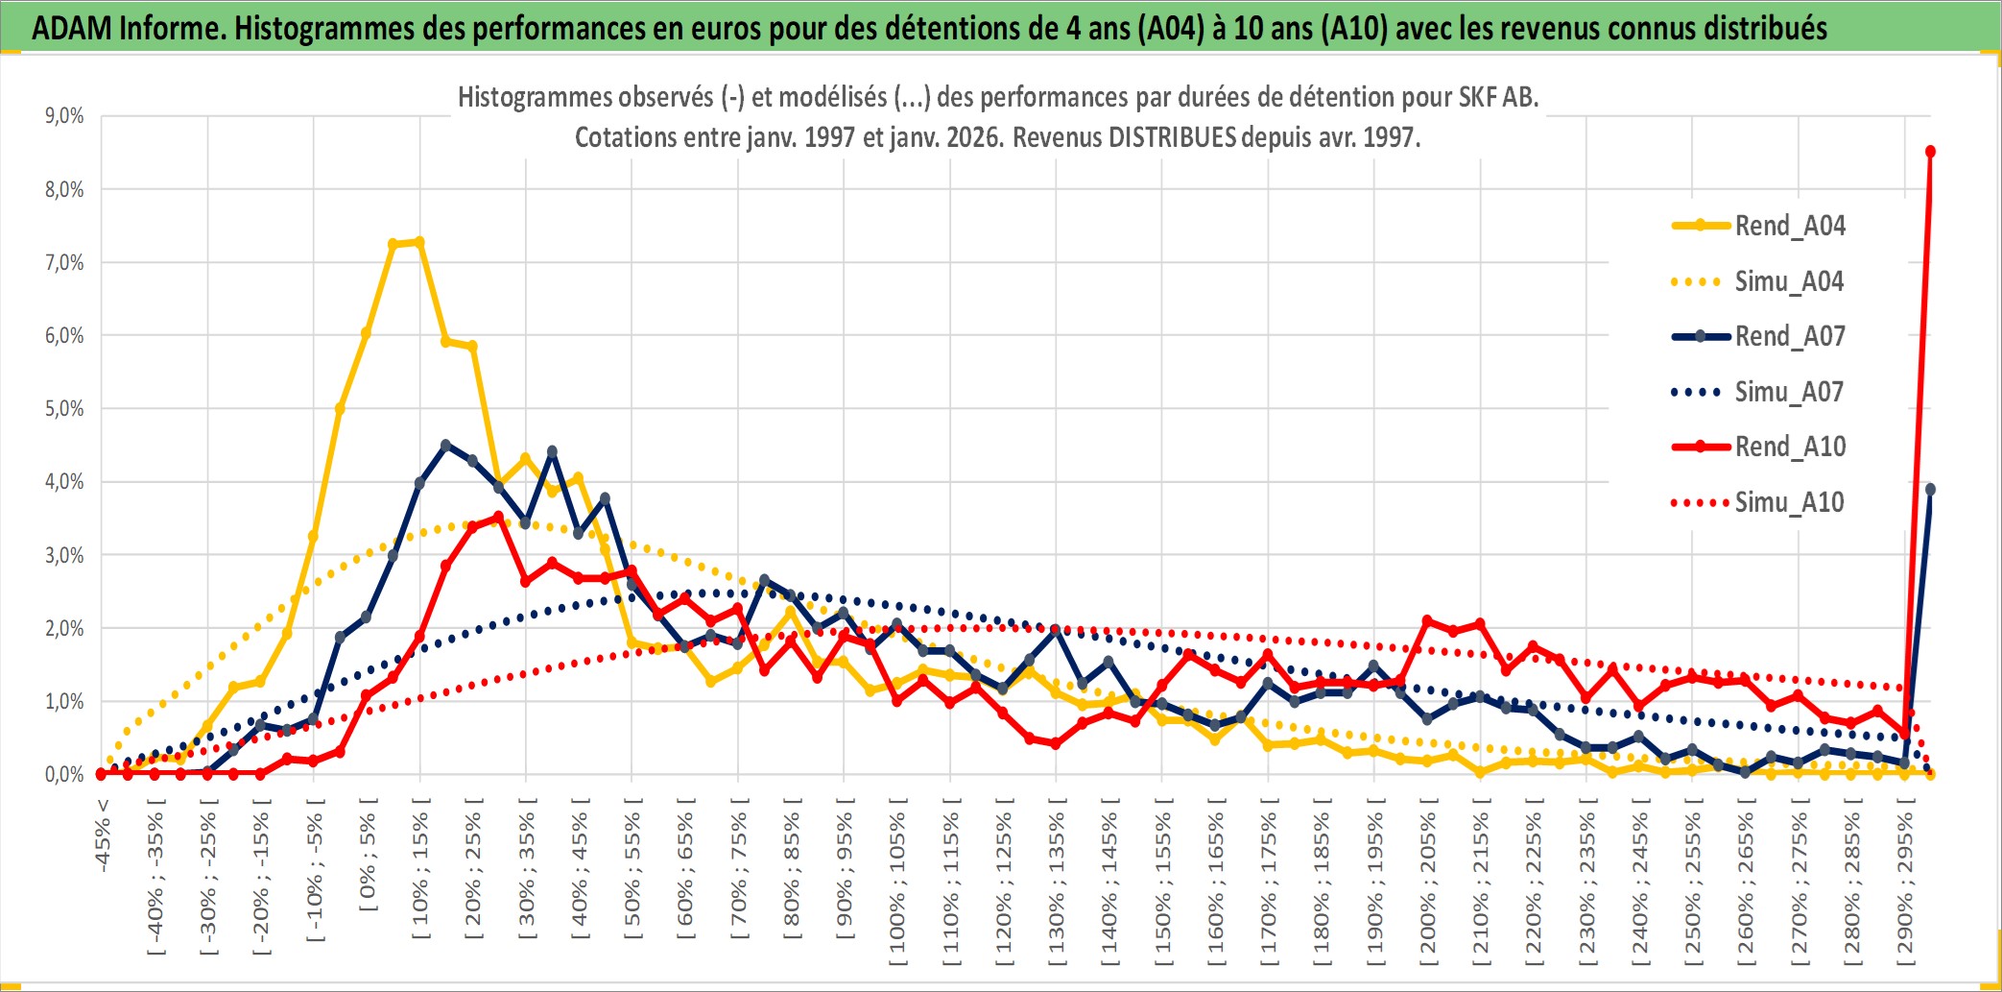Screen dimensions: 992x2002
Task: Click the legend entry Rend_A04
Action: (x=1789, y=226)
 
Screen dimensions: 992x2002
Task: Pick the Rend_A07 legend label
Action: (x=1789, y=336)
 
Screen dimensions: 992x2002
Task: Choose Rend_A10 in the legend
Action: (x=1789, y=447)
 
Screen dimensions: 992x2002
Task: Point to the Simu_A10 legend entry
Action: (x=1789, y=502)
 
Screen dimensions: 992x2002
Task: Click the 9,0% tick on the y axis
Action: (x=64, y=116)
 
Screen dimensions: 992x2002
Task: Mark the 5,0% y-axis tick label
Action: (x=64, y=409)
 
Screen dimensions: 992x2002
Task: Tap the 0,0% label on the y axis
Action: (x=64, y=774)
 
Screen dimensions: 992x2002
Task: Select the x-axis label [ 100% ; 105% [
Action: (x=897, y=883)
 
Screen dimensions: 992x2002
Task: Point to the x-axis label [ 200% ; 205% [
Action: (x=1427, y=883)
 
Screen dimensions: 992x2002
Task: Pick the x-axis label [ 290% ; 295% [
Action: (x=1904, y=883)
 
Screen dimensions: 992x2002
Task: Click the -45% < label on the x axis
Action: (x=103, y=835)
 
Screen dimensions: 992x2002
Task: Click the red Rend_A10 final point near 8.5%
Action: (x=1930, y=152)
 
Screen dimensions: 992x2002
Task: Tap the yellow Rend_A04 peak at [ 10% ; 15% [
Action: (x=419, y=242)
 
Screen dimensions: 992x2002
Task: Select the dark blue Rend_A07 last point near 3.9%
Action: (x=1930, y=490)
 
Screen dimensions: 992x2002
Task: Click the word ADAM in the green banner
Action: (x=72, y=28)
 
